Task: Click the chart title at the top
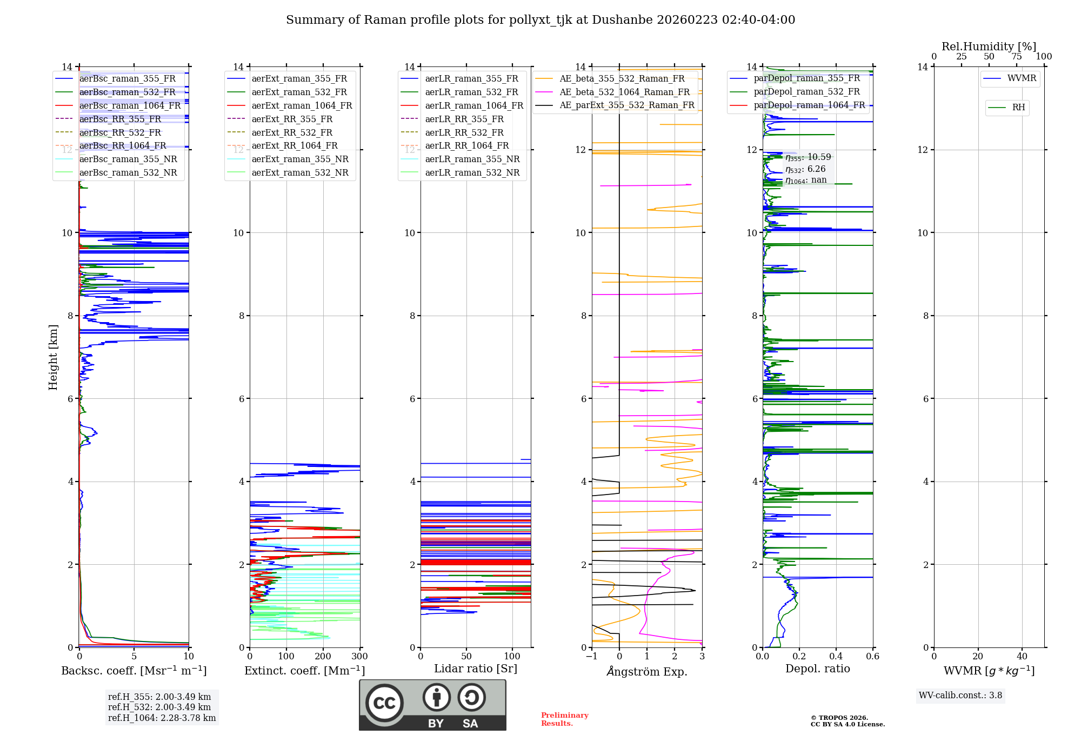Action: (540, 20)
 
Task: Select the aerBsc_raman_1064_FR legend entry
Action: (130, 105)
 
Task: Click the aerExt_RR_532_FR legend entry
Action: (292, 132)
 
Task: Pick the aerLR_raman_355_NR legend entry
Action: (472, 159)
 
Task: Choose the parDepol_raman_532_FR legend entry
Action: (806, 92)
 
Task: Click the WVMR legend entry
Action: (1022, 78)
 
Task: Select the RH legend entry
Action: (1018, 108)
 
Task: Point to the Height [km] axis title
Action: (53, 357)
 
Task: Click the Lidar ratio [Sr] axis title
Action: (476, 669)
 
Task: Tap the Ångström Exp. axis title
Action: (647, 671)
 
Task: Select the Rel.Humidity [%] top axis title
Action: (989, 46)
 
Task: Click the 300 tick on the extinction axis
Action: (359, 656)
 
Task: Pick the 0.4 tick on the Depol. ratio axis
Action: (836, 656)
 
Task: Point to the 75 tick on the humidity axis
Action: (1017, 57)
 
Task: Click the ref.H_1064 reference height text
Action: (162, 718)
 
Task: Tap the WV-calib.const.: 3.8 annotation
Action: (960, 695)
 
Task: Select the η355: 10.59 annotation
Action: (808, 157)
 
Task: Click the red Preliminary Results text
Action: (564, 719)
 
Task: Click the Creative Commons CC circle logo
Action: (384, 703)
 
